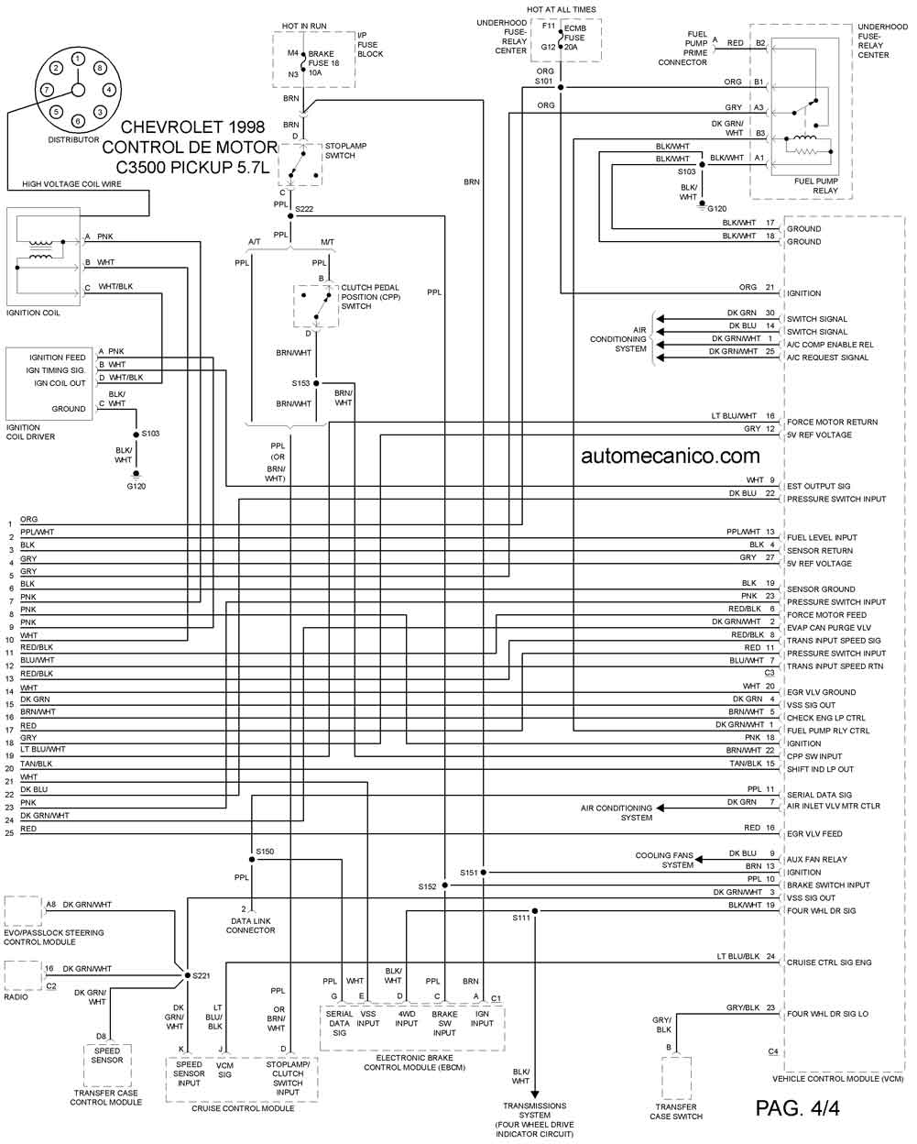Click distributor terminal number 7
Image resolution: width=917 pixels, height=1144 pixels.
coord(47,89)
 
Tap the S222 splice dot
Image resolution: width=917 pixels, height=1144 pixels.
coord(290,215)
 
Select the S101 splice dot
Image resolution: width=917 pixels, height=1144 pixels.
coord(561,87)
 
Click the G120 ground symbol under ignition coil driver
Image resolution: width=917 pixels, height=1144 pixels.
coord(136,474)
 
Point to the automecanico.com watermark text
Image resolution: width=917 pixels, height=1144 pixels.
coord(670,456)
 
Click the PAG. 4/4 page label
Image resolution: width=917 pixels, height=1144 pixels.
coord(798,1108)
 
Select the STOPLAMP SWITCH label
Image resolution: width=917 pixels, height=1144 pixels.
coord(346,150)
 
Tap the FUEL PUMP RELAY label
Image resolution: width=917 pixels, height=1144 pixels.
coord(816,185)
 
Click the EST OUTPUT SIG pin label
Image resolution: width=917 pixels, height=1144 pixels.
coord(818,486)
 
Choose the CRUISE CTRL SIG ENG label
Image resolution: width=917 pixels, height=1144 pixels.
coord(829,962)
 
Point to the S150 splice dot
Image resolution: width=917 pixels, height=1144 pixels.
coord(252,860)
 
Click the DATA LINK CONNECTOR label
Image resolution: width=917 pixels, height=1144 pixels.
coord(251,926)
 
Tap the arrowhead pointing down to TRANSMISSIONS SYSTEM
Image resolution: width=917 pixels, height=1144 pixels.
coord(535,1094)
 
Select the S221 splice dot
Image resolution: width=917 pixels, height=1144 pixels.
coord(187,975)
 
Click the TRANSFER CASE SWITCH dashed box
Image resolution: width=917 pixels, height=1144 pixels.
coord(676,1078)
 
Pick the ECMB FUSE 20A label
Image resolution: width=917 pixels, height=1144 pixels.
coord(575,38)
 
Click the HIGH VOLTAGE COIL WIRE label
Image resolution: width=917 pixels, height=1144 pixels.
coord(71,184)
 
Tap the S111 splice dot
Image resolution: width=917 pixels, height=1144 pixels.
coord(535,910)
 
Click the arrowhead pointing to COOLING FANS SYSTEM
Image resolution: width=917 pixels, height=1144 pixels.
coord(699,860)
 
